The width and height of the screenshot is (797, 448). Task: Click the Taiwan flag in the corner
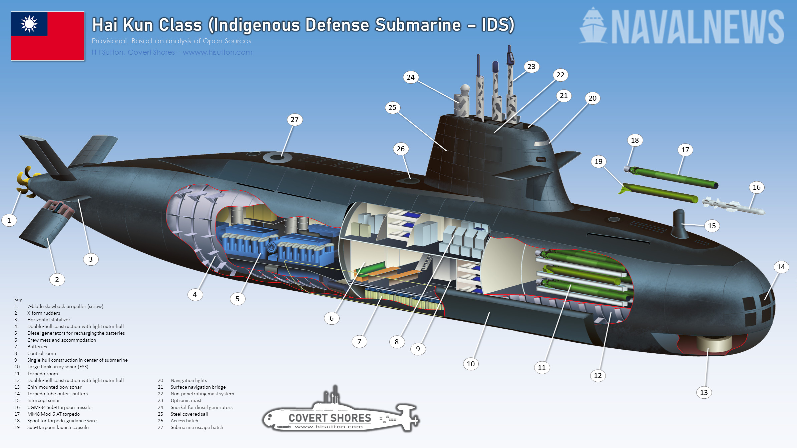point(47,36)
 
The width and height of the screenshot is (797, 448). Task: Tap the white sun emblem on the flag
point(29,24)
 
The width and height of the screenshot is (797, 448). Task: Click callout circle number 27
point(295,120)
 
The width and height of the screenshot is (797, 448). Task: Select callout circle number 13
point(704,392)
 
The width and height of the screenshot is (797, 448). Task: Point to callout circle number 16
point(757,187)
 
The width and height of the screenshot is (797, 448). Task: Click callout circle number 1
point(9,220)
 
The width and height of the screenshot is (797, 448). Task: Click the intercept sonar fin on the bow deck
point(679,223)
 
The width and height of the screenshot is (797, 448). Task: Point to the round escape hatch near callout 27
point(277,157)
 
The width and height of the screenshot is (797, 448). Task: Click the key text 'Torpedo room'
point(43,374)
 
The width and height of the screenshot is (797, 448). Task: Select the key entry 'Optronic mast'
point(186,400)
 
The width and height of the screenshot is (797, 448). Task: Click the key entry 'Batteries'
point(37,347)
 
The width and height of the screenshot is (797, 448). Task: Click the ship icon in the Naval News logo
point(593,27)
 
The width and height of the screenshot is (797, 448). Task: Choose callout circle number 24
point(411,77)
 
